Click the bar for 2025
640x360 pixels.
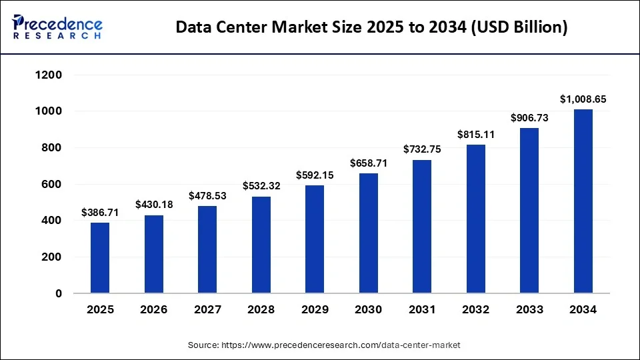(x=100, y=257)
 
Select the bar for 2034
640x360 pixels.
(x=583, y=201)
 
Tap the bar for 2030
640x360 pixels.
(x=368, y=233)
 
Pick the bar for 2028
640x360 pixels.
(x=261, y=244)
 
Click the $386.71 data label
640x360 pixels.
(x=100, y=213)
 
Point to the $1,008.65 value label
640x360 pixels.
(x=583, y=99)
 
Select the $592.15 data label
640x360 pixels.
(x=315, y=176)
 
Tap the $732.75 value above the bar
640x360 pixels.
(x=422, y=150)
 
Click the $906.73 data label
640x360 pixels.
(x=529, y=118)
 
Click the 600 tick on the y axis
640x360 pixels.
(x=53, y=184)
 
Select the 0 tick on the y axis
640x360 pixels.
(x=59, y=293)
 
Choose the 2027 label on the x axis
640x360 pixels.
(x=207, y=310)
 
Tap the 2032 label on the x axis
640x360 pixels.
(x=476, y=310)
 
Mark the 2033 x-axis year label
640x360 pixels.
(x=529, y=310)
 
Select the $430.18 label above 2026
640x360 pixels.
(x=154, y=205)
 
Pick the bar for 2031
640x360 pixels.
(x=422, y=226)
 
